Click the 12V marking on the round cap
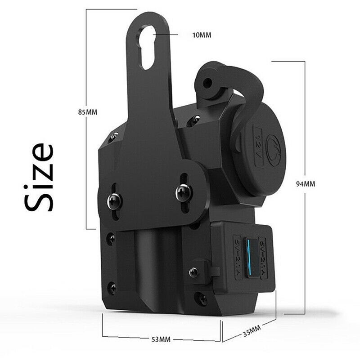pyautogui.click(x=260, y=134)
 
